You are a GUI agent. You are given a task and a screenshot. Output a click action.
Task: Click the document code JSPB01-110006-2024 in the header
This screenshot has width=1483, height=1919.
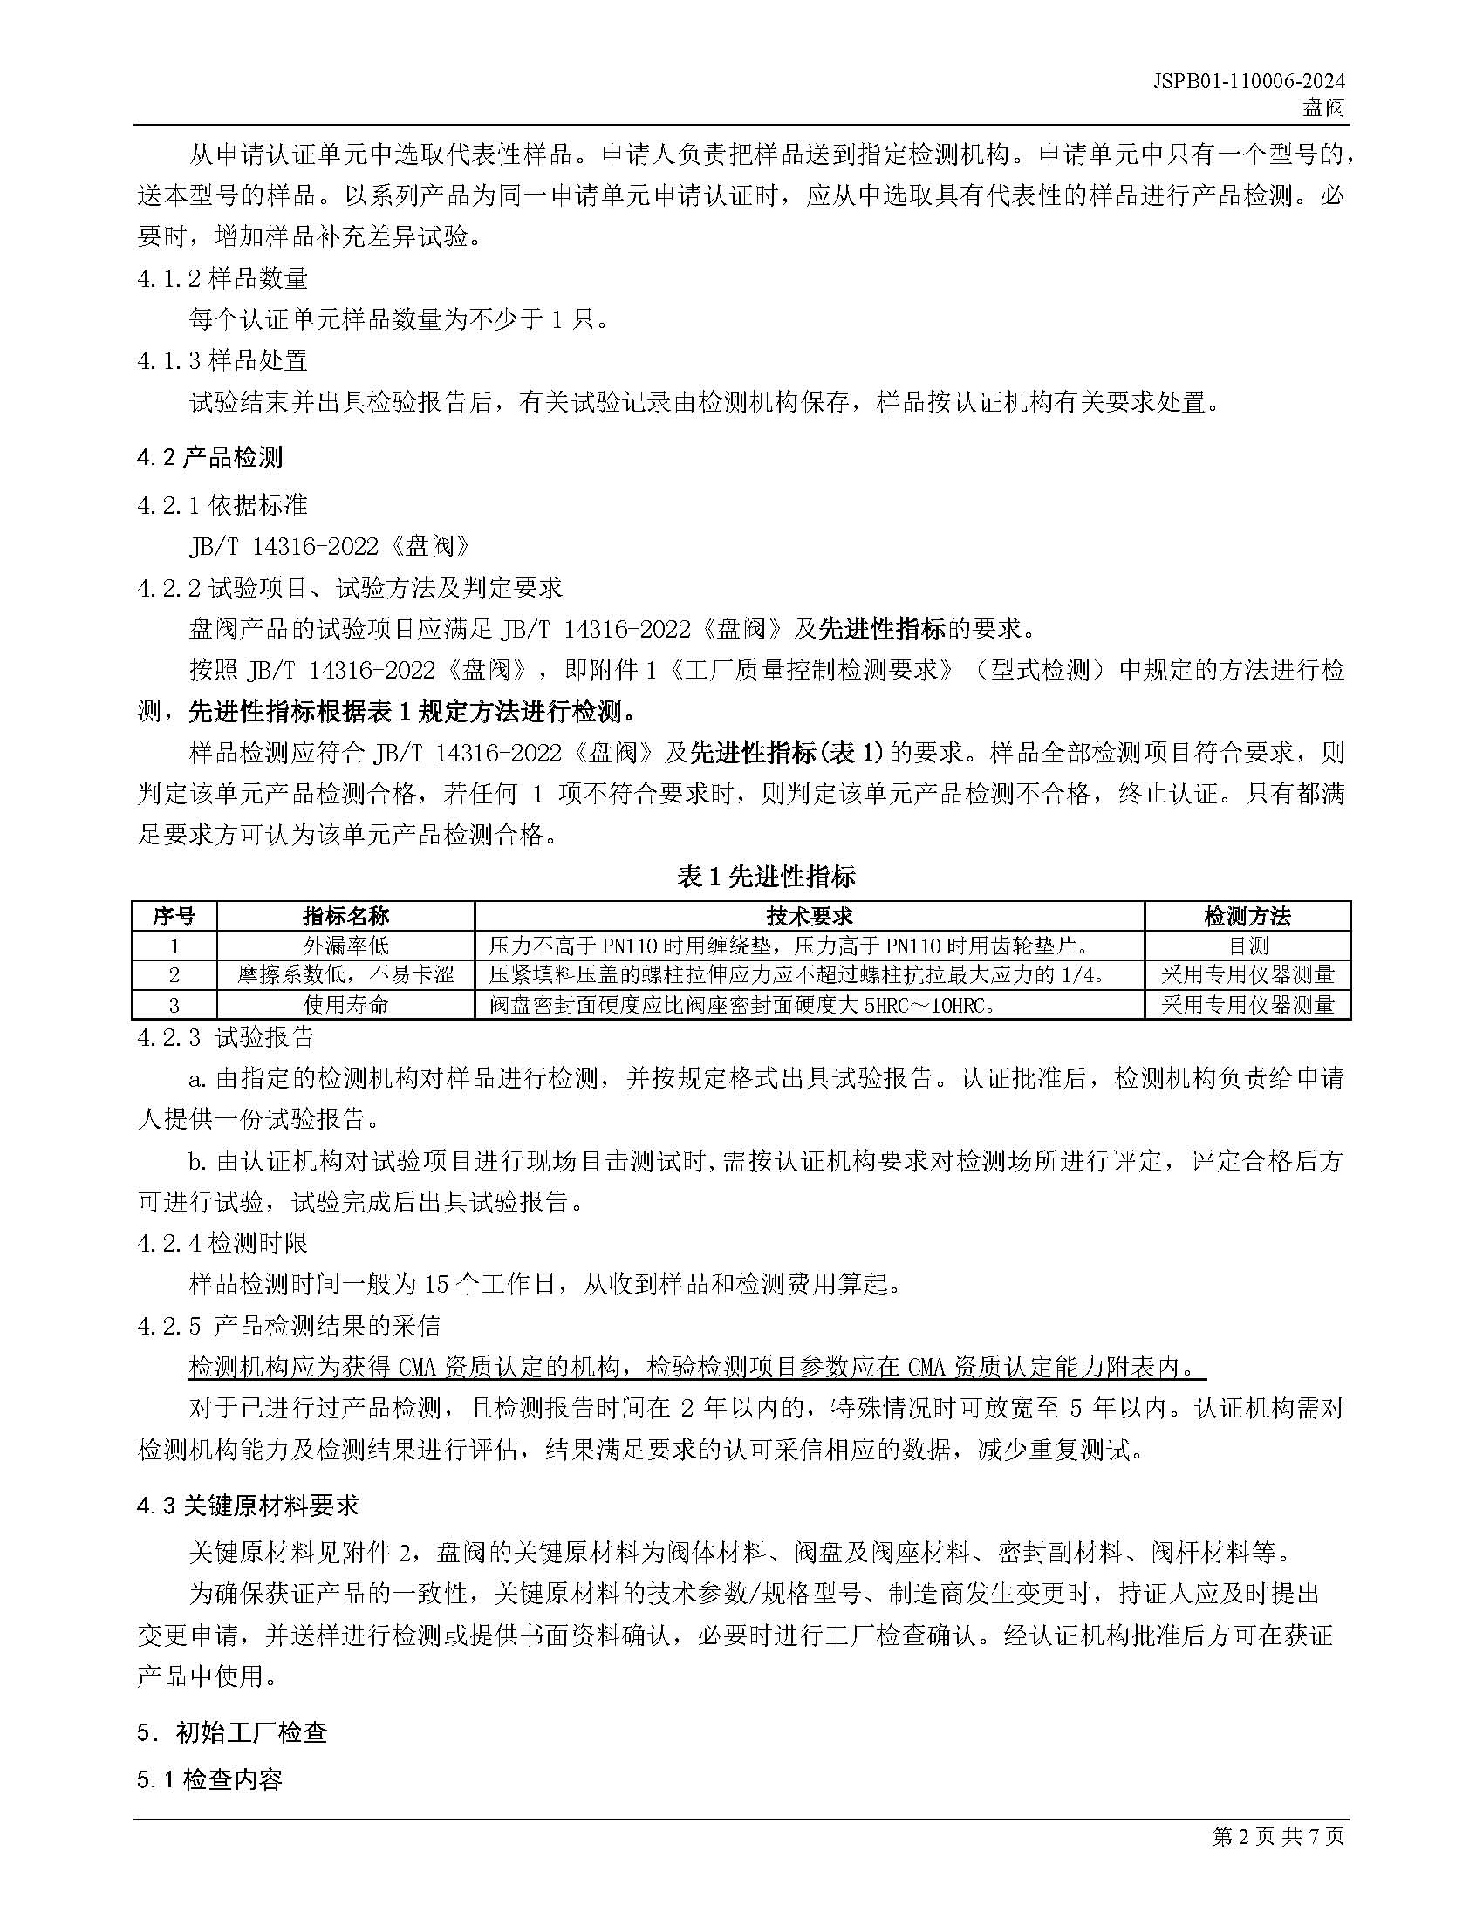click(x=1248, y=81)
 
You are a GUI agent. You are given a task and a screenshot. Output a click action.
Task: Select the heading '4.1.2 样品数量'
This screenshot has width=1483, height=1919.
click(x=222, y=278)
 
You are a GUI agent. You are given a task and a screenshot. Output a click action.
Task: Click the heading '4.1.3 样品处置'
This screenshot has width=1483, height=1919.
click(x=222, y=360)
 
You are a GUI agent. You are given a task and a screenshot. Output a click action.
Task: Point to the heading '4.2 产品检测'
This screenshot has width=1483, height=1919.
click(x=210, y=457)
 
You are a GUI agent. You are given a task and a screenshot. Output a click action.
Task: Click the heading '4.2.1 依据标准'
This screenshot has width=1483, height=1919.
click(x=222, y=504)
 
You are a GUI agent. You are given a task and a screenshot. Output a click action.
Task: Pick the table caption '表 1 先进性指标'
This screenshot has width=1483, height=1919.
click(x=766, y=876)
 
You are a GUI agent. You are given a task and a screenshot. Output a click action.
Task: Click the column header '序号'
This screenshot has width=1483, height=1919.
click(x=174, y=917)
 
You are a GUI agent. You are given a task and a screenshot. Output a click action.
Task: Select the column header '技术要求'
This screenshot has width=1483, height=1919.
click(x=810, y=917)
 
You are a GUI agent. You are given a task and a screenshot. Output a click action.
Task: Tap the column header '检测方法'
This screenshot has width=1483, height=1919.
click(x=1247, y=917)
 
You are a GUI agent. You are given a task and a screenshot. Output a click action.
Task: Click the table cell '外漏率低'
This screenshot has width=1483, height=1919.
click(x=345, y=946)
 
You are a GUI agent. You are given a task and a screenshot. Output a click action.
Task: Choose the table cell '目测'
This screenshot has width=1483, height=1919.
click(x=1247, y=946)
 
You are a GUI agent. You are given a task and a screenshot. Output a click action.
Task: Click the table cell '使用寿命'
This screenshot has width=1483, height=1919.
click(x=345, y=1004)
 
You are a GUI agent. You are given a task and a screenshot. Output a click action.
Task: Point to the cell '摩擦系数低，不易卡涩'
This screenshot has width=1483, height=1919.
click(x=345, y=974)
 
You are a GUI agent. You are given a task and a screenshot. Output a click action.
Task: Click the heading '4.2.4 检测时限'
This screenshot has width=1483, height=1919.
click(x=222, y=1243)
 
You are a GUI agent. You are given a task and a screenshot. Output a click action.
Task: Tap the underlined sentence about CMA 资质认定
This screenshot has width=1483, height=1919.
click(x=697, y=1368)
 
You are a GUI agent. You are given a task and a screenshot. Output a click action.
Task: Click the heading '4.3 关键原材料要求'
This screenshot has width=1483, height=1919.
click(x=248, y=1506)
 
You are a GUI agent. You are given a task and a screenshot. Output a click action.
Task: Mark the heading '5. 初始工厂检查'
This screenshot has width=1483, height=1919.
click(x=232, y=1731)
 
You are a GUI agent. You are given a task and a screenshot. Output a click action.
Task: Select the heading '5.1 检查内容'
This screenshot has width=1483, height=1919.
click(x=210, y=1780)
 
